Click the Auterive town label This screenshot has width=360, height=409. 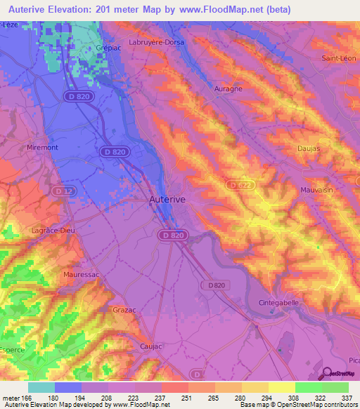point(167,200)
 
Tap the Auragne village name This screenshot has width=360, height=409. point(227,89)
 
